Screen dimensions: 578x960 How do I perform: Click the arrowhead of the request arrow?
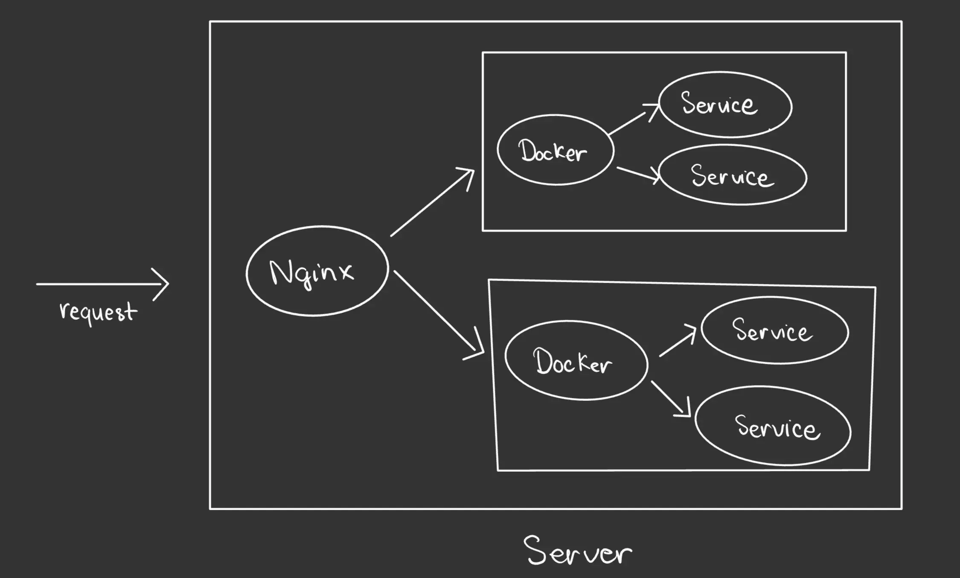pyautogui.click(x=164, y=283)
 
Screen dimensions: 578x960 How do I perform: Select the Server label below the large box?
pyautogui.click(x=578, y=551)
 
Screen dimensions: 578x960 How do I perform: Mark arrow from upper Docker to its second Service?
pyautogui.click(x=638, y=174)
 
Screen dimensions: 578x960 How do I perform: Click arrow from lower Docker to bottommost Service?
pyautogui.click(x=670, y=399)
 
